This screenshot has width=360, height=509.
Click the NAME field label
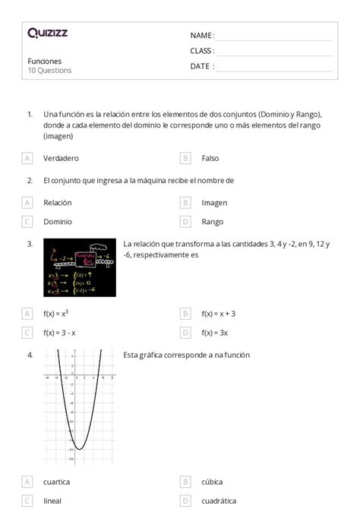tap(201, 36)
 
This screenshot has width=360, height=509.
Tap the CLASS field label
tap(201, 51)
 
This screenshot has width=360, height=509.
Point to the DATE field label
tap(201, 66)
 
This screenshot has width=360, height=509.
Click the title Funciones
tap(45, 61)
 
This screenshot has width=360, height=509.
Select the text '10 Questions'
tap(49, 71)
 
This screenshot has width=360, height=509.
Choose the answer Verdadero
tap(61, 158)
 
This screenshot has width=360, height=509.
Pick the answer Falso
tap(210, 158)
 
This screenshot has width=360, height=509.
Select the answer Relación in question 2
tap(58, 203)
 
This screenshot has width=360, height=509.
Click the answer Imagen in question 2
tap(214, 203)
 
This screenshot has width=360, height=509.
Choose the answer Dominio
tap(58, 222)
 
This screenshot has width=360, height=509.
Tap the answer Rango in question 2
tap(213, 222)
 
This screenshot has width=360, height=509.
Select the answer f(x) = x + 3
tap(219, 313)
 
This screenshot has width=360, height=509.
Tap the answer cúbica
tap(213, 482)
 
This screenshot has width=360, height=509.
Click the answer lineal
tap(53, 501)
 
